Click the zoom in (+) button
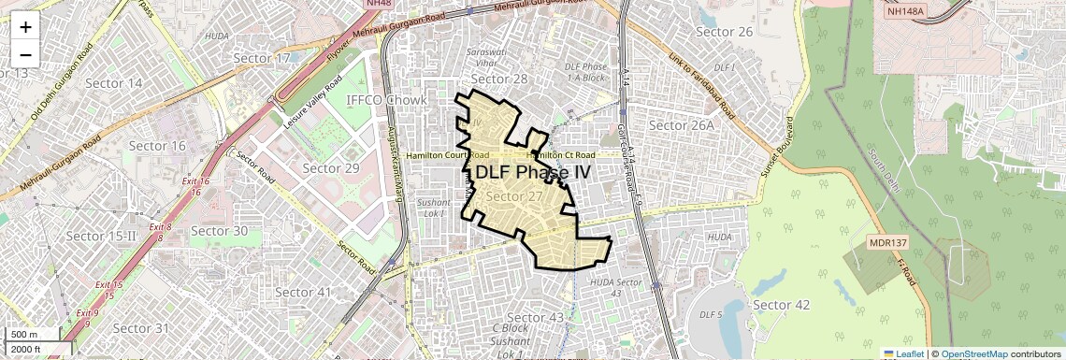tap(25, 27)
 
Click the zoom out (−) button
tap(25, 53)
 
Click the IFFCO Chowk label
tap(386, 99)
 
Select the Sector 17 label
tap(262, 58)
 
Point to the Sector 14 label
tap(113, 82)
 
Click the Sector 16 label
tap(157, 145)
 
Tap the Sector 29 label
tap(331, 167)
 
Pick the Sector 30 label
tap(219, 230)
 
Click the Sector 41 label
tap(303, 292)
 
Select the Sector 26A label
tap(681, 124)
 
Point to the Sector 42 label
tap(781, 304)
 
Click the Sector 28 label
tap(499, 79)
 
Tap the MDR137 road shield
tap(888, 242)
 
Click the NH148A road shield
tap(904, 11)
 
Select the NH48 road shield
tap(377, 4)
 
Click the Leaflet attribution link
tap(903, 353)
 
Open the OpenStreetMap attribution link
tap(973, 353)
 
